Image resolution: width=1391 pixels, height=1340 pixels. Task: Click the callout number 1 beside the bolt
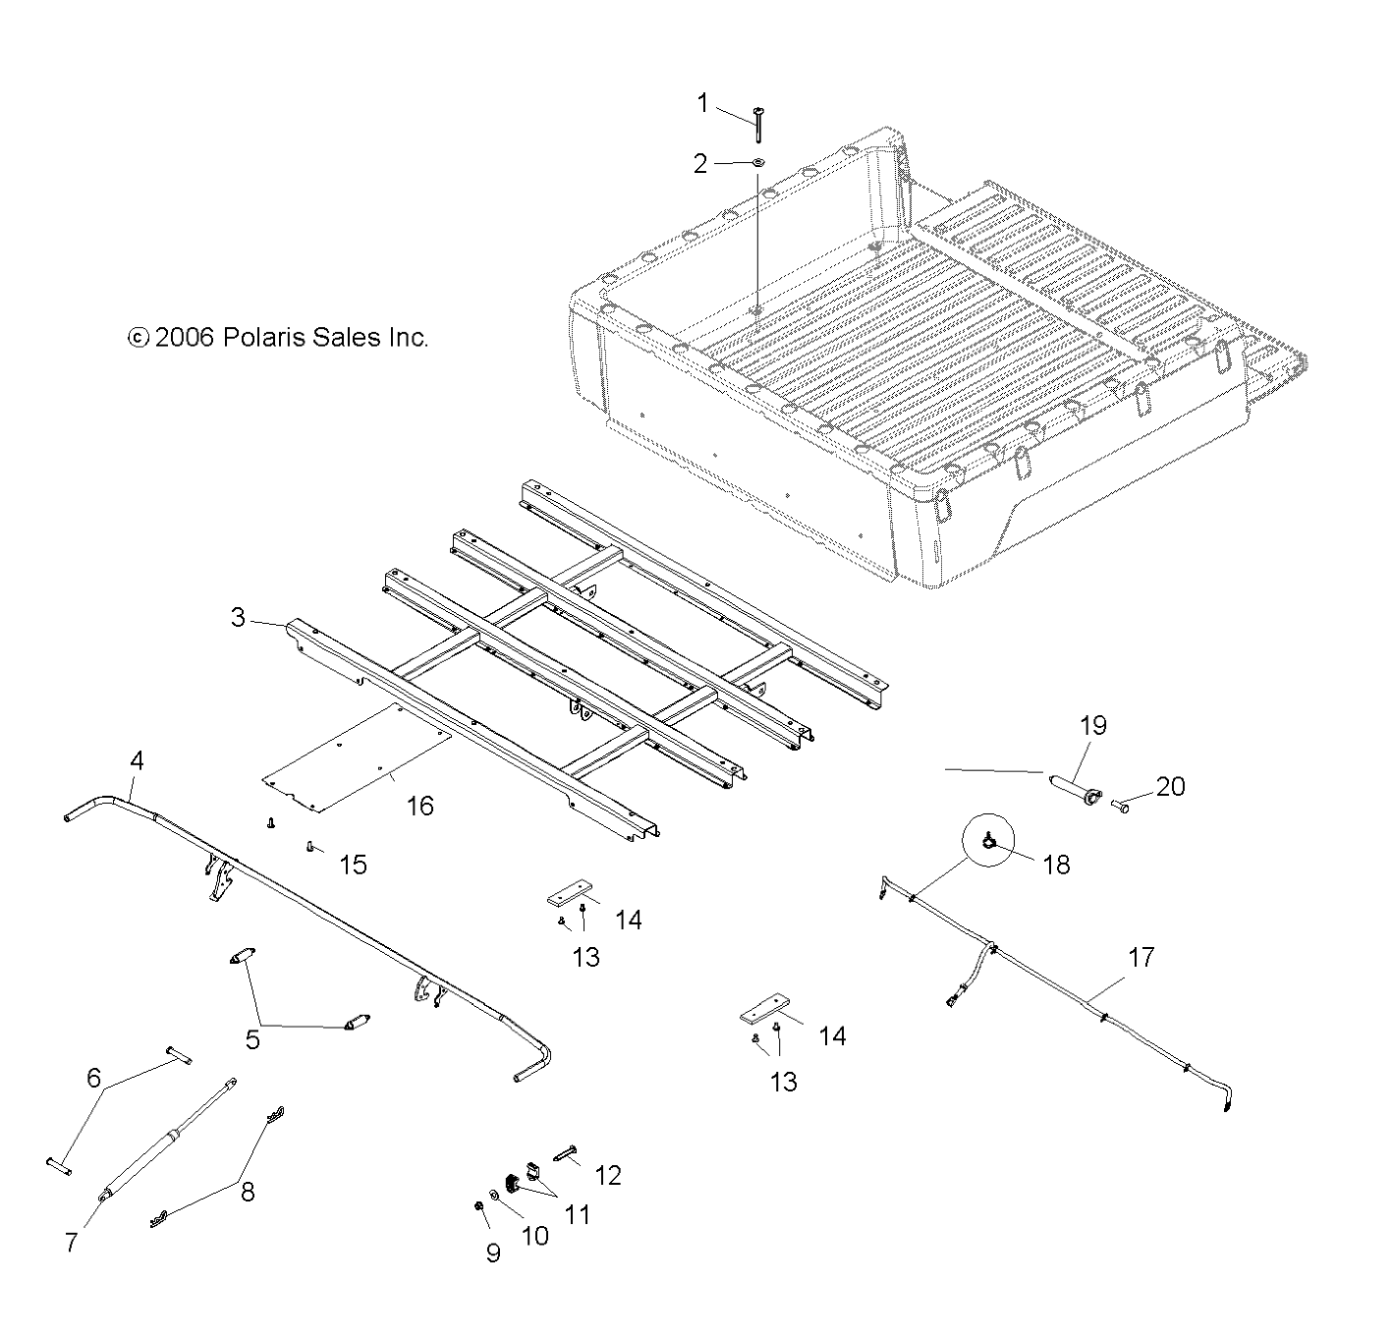(x=702, y=103)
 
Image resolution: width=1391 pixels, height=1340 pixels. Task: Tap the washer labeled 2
(x=759, y=163)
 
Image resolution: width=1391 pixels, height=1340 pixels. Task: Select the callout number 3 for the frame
(x=238, y=618)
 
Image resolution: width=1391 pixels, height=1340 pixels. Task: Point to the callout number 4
(x=137, y=760)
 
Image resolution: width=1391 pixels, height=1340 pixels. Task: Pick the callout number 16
(x=419, y=806)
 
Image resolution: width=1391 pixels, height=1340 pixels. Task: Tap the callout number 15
(x=353, y=865)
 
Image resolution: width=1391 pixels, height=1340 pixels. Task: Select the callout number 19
(x=1093, y=726)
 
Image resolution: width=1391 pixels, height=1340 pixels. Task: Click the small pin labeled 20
(x=1123, y=807)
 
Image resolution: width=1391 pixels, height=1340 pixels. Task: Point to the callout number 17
(x=1141, y=957)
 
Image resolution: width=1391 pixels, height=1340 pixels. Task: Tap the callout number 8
(x=248, y=1192)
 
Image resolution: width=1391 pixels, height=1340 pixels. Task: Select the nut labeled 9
(x=477, y=1206)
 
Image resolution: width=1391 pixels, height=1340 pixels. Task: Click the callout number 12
(x=608, y=1175)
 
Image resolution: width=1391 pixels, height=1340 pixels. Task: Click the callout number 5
(x=252, y=1039)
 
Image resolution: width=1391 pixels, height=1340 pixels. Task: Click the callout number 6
(x=94, y=1078)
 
